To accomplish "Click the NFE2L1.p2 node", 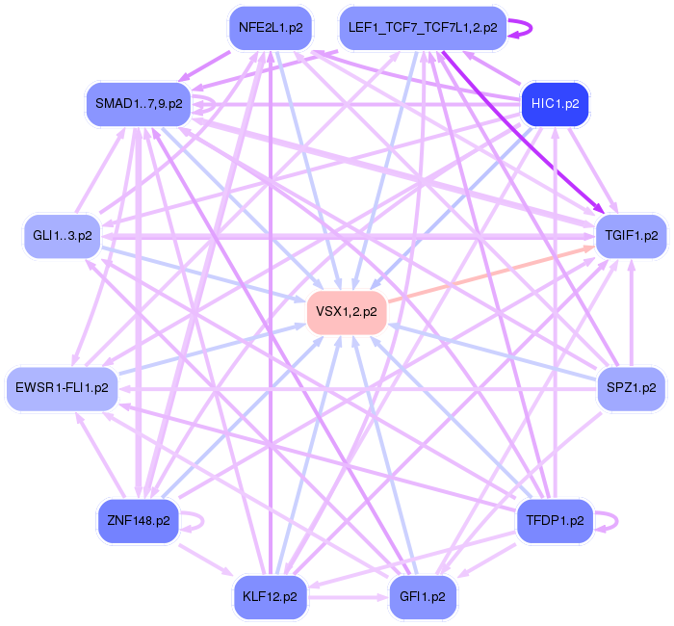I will [271, 28].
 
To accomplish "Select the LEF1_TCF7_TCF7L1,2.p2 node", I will [423, 28].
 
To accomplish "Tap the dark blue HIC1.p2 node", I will [554, 103].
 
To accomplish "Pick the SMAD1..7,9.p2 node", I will [139, 103].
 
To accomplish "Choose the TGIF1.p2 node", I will [632, 235].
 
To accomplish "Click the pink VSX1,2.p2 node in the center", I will [347, 311].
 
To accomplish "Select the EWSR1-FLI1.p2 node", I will [62, 387].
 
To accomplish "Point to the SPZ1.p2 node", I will [632, 387].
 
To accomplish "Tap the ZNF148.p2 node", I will [139, 520].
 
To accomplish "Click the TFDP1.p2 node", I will [556, 520].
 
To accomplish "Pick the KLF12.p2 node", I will [271, 596].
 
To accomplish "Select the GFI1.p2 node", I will [422, 596].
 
